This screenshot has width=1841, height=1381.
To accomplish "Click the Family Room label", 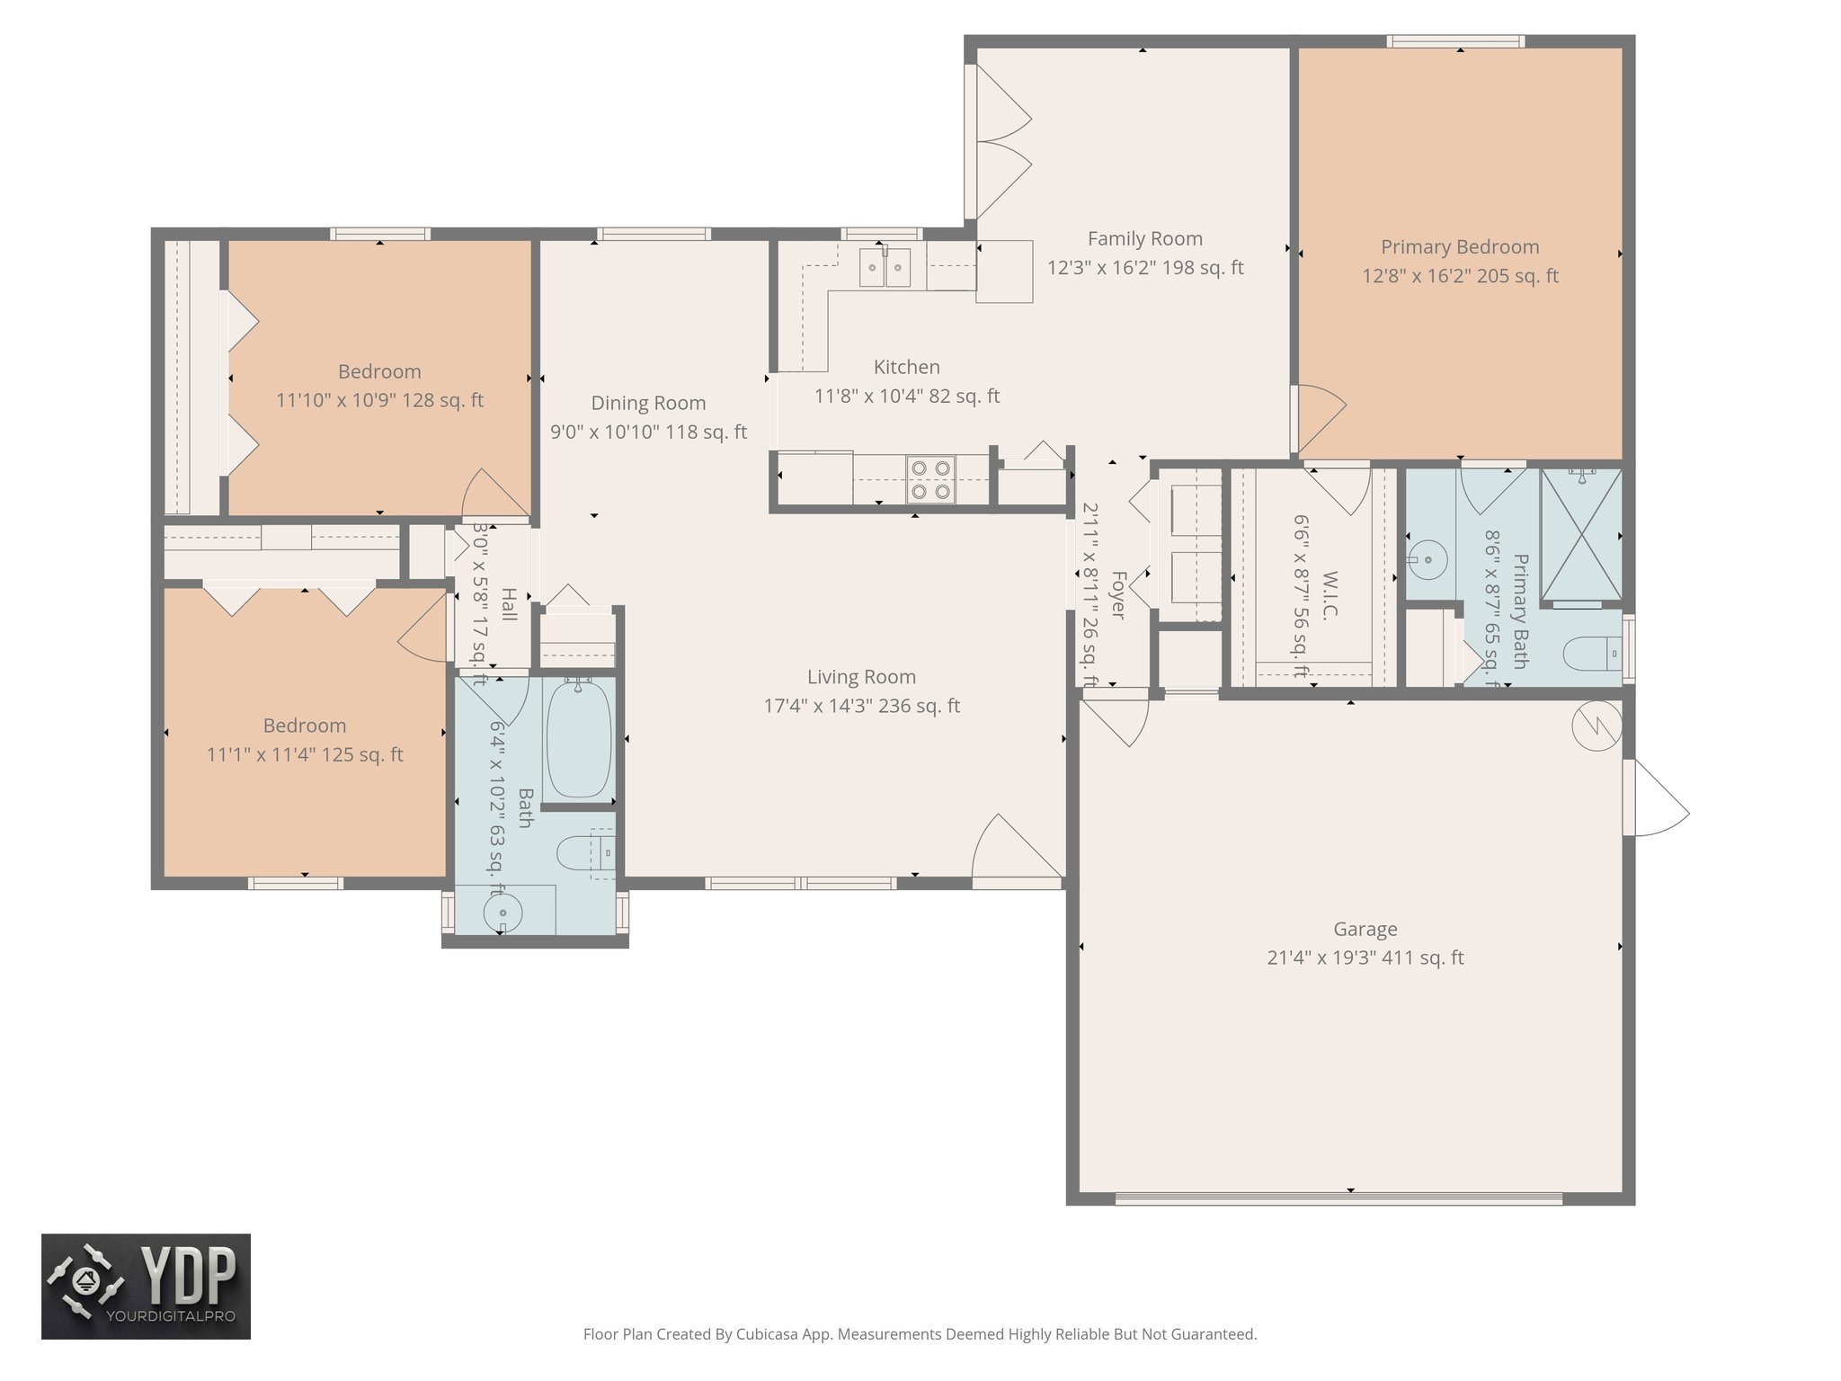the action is tap(1144, 239).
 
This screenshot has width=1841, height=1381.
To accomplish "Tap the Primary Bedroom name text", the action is tap(1460, 247).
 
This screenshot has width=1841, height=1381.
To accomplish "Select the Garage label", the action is tap(1365, 930).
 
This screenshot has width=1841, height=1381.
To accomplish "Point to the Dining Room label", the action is tap(648, 404).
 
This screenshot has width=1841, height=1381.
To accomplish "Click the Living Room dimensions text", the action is tap(861, 707).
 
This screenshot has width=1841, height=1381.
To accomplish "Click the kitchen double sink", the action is tap(885, 267).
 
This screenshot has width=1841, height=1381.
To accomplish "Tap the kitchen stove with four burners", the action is tap(929, 479).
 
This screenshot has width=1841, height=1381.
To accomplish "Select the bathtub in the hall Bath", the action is tap(579, 738).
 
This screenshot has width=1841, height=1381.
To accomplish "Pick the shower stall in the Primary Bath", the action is tap(1581, 534).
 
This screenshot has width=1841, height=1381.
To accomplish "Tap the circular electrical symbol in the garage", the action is tap(1596, 726).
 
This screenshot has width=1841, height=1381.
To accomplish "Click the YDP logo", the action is tap(146, 1287).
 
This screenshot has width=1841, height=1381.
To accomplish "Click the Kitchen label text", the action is tap(907, 368).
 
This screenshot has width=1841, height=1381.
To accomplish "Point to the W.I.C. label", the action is tap(1330, 595).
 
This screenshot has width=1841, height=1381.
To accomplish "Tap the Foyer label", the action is tap(1118, 594).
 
